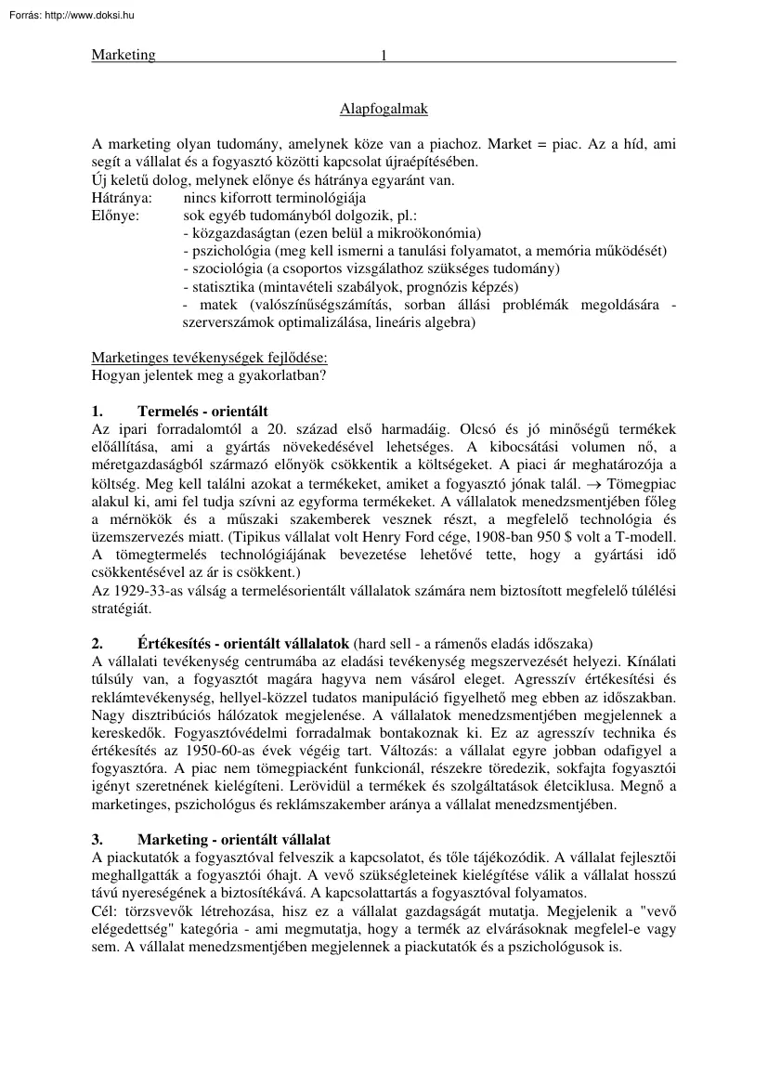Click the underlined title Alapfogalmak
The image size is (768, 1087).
pos(384,109)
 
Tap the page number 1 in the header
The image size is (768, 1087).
pos(383,55)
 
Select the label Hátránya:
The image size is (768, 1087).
pos(123,198)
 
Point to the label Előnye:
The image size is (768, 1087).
pos(115,216)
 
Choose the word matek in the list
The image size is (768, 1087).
pos(219,305)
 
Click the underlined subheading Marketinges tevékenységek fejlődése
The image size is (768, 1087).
pos(209,358)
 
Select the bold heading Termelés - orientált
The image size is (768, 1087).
pos(202,411)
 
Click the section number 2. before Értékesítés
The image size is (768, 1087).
pos(98,643)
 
